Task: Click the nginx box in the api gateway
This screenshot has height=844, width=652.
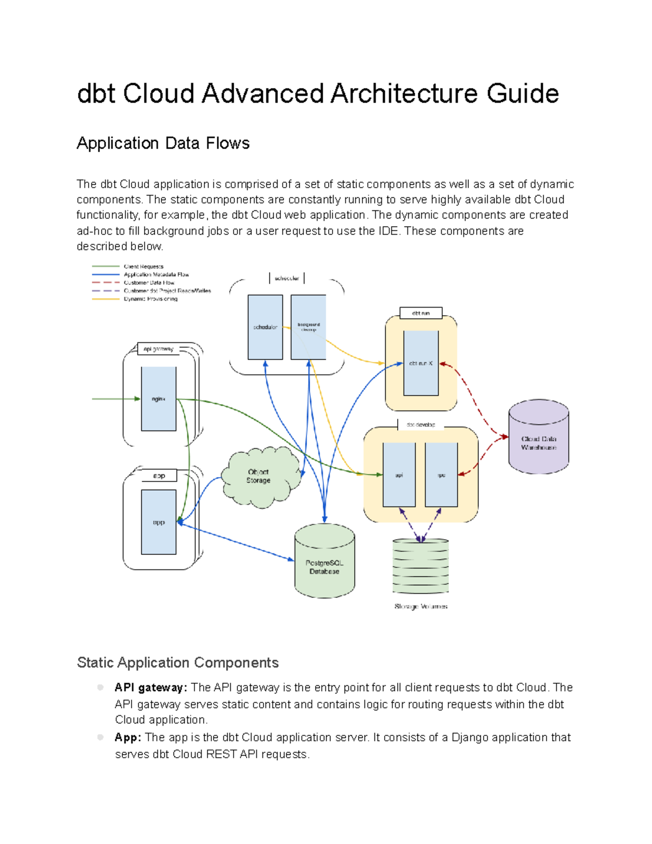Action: coord(158,399)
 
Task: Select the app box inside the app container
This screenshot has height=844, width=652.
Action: coord(158,522)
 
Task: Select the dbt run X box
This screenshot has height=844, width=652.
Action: coord(421,363)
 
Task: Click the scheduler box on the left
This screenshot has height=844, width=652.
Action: coord(265,327)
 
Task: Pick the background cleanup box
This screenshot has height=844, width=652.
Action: coord(308,327)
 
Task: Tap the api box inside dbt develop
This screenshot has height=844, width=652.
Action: coord(399,475)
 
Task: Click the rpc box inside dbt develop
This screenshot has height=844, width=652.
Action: coord(441,475)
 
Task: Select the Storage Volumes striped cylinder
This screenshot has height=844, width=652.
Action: coord(421,566)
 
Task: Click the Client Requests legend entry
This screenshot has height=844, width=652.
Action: coord(143,266)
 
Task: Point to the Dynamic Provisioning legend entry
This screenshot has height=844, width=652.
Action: coord(151,299)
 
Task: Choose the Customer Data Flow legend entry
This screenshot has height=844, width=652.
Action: coord(149,283)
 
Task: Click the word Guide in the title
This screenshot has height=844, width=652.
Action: coord(523,93)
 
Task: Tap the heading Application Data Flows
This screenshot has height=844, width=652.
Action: coord(163,143)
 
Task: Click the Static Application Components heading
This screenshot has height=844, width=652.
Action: coord(178,662)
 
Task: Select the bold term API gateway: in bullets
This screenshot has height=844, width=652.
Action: coord(151,687)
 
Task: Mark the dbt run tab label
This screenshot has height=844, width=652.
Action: coord(421,313)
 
